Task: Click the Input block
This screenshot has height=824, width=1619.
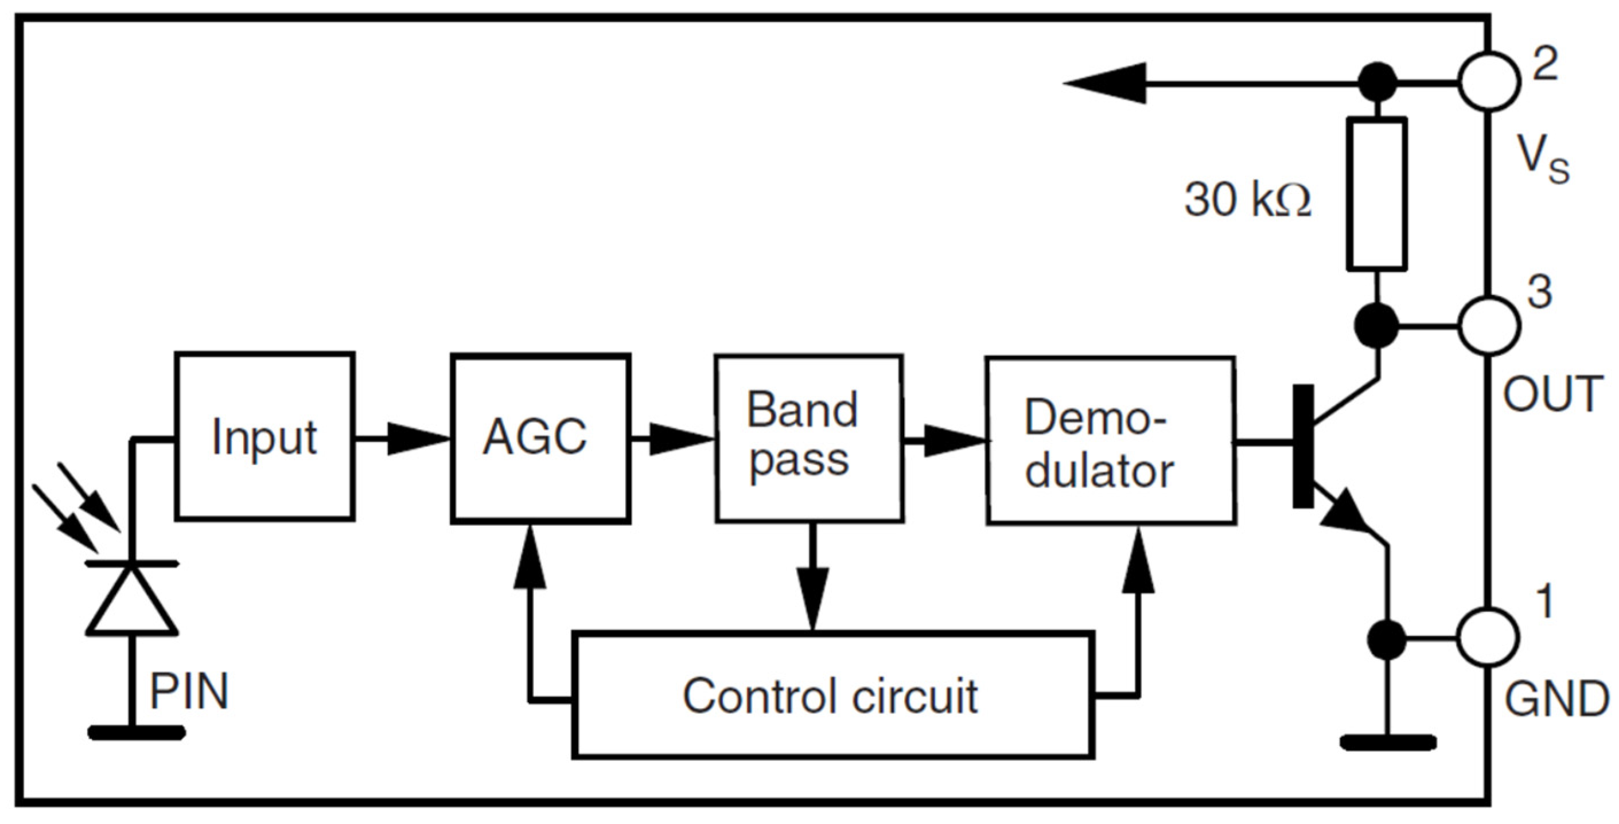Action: [264, 436]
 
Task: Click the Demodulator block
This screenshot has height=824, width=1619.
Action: [1110, 440]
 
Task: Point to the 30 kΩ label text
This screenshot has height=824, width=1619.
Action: [1248, 201]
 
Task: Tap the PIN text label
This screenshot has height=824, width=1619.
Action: [189, 692]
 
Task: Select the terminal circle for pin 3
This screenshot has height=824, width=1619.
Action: [1489, 326]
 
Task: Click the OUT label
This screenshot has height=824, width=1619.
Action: [1552, 395]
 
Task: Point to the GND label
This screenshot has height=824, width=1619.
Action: [1556, 700]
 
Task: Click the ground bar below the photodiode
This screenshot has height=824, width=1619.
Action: [136, 732]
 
